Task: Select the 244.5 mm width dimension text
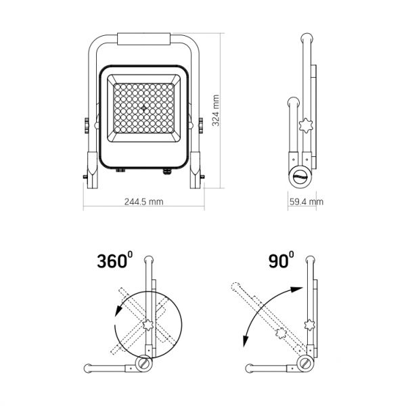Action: pyautogui.click(x=143, y=202)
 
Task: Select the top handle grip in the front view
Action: pyautogui.click(x=143, y=39)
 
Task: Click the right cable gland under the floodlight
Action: pyautogui.click(x=164, y=172)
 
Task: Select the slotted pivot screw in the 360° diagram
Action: pyautogui.click(x=145, y=364)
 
